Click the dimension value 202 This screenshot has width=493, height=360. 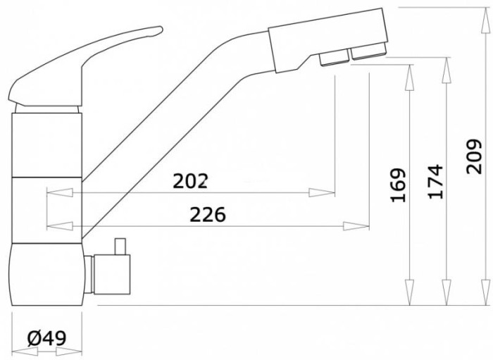point(191,181)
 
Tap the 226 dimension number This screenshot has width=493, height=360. point(208,215)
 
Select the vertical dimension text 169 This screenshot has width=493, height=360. point(398,185)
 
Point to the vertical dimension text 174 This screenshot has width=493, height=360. point(435,182)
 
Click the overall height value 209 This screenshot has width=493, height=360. point(474,156)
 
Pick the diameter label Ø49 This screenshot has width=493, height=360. point(47,338)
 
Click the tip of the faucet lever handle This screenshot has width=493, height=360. point(161,30)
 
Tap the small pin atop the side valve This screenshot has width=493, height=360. point(120,247)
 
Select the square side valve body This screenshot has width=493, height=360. point(112,275)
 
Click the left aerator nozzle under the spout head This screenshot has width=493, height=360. point(335,59)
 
